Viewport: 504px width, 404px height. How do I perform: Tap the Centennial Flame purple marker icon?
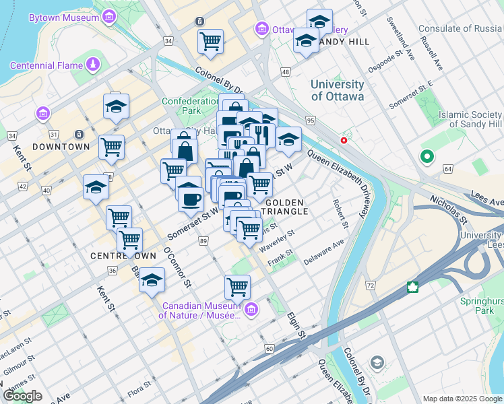(x=92, y=65)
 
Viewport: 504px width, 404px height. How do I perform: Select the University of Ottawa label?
(x=337, y=90)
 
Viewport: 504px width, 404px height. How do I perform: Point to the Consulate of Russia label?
(x=461, y=28)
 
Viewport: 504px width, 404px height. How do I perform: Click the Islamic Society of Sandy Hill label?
(x=470, y=119)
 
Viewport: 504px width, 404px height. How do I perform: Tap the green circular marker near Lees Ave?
(x=427, y=158)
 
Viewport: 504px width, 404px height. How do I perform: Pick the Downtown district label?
(x=61, y=146)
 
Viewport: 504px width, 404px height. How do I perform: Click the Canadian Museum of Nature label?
(x=199, y=310)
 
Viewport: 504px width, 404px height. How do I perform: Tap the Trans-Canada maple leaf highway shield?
(x=412, y=288)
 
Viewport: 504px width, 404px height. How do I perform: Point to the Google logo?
(x=22, y=396)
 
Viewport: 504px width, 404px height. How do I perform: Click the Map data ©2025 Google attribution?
(x=462, y=399)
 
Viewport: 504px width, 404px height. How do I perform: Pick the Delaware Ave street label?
(x=323, y=252)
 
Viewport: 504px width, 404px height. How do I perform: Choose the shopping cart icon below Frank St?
(x=237, y=286)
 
